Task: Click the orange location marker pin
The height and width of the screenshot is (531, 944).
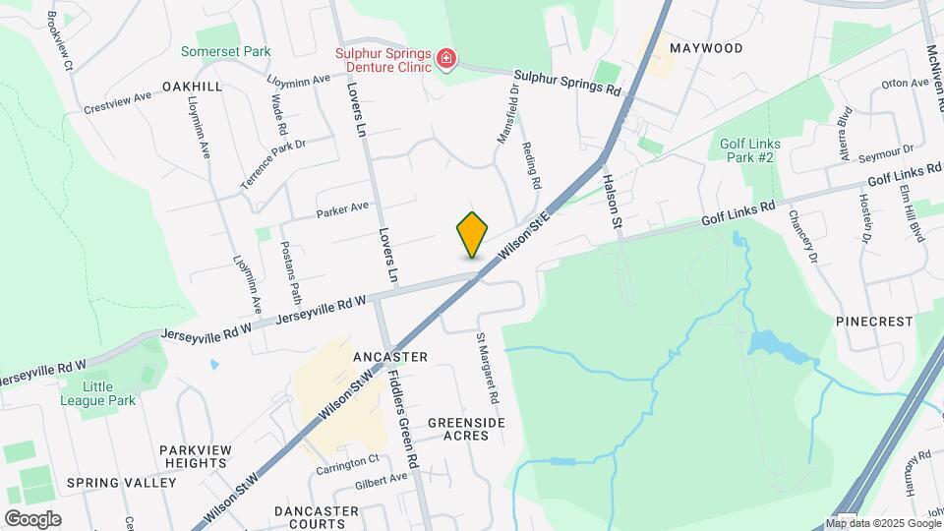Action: (x=473, y=234)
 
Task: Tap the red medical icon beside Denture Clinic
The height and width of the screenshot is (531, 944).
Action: (x=446, y=60)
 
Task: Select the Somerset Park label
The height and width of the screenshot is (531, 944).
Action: (x=225, y=51)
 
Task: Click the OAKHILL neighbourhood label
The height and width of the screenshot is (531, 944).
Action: (x=193, y=87)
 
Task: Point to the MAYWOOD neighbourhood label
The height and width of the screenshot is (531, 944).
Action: (x=705, y=47)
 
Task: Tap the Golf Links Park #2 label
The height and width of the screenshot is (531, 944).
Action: (x=749, y=150)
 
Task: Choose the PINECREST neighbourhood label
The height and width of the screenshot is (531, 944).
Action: (x=874, y=322)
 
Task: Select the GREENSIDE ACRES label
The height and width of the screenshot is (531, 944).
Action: (x=466, y=429)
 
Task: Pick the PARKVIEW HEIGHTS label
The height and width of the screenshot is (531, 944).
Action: (x=197, y=456)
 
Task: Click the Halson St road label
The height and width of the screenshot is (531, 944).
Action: (x=613, y=203)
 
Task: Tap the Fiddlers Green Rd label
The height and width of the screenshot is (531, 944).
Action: (x=403, y=418)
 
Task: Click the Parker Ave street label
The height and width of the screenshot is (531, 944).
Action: (x=342, y=208)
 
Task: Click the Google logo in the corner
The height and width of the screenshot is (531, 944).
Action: (x=32, y=518)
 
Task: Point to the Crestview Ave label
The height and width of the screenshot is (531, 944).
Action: (x=118, y=102)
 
